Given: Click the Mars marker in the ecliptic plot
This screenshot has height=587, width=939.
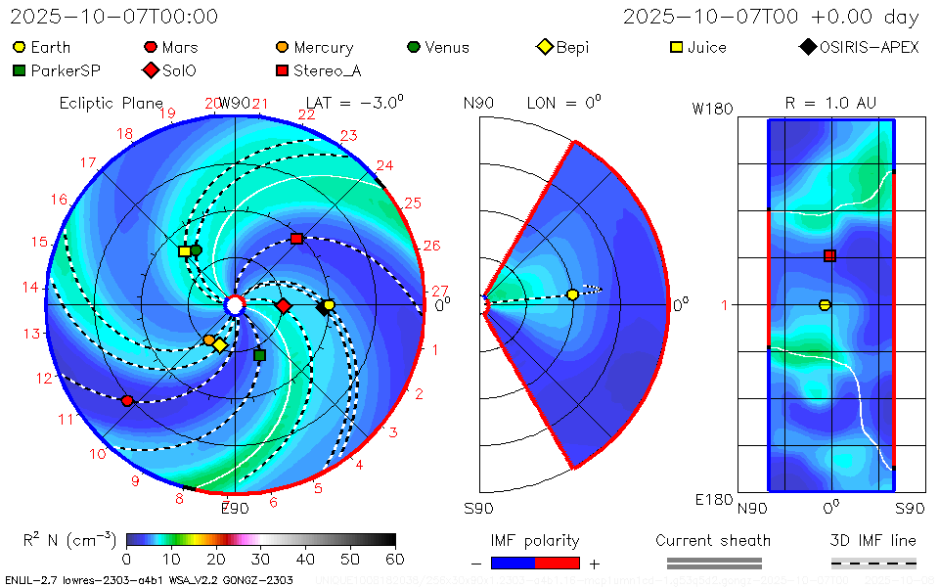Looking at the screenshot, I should point(127,400).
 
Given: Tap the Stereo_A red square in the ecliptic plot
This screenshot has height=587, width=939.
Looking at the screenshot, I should point(296,239).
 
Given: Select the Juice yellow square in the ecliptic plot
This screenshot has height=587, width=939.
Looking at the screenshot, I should point(185,251).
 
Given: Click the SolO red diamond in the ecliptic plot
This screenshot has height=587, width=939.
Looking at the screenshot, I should point(284,306).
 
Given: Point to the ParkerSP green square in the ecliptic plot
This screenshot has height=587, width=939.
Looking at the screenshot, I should point(259,355).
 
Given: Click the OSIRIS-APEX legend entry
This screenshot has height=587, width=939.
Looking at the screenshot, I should point(860,47).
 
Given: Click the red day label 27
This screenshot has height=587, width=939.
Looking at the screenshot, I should point(440,291).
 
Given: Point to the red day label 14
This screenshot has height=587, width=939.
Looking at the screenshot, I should point(32,287).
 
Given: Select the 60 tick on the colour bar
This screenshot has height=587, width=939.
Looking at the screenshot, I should point(395,559).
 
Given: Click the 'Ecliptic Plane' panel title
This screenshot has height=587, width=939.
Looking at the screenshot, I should point(111,103).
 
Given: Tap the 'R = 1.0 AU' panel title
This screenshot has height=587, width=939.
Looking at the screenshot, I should point(830,103).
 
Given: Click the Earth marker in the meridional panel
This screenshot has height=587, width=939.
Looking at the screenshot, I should point(573,294).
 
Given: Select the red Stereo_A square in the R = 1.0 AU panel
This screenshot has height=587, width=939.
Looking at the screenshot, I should point(829,256).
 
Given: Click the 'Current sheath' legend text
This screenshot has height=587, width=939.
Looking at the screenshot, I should point(713,540).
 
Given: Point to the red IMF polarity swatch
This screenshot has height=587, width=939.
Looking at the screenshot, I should point(558,563).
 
